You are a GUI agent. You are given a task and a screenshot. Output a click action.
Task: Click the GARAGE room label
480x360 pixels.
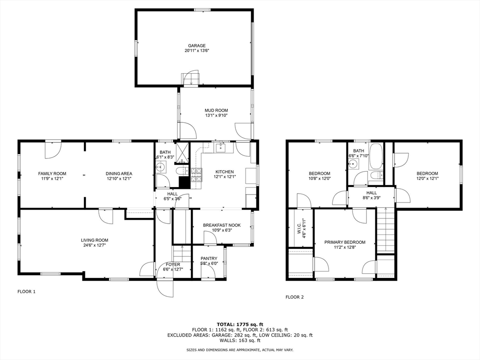pyautogui.click(x=197, y=46)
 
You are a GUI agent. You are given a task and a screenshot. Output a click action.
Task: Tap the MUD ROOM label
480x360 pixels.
pyautogui.click(x=216, y=110)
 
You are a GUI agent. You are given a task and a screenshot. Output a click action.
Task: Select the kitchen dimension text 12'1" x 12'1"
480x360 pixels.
pyautogui.click(x=225, y=177)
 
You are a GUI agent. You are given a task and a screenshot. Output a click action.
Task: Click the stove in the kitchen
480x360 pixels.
pyautogui.click(x=196, y=175)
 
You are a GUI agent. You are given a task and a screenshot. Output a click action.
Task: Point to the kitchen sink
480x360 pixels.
pyautogui.click(x=220, y=148)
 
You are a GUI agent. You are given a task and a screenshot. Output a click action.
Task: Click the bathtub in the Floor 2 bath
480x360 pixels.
pyautogui.click(x=375, y=156)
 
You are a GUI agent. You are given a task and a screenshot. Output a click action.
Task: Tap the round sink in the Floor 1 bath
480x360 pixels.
pyautogui.click(x=160, y=167)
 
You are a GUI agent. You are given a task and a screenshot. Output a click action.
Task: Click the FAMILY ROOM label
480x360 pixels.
pyautogui.click(x=52, y=173)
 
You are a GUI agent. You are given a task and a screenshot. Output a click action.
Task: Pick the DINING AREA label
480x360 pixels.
pyautogui.click(x=119, y=173)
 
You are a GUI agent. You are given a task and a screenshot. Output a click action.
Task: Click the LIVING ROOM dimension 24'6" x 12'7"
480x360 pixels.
pyautogui.click(x=95, y=245)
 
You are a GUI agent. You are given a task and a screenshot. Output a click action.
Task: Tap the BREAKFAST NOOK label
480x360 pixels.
pyautogui.click(x=222, y=225)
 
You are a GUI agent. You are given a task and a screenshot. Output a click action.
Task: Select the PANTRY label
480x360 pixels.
pyautogui.click(x=209, y=258)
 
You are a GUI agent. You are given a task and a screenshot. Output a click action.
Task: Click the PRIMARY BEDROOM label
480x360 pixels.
pyautogui.click(x=345, y=242)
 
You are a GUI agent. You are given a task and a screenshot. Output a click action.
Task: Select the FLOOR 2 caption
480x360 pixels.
pyautogui.click(x=294, y=297)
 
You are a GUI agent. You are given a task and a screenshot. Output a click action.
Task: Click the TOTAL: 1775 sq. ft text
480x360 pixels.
pyautogui.click(x=240, y=324)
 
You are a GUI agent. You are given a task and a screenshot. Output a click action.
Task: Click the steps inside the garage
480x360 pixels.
pyautogui.click(x=190, y=78)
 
